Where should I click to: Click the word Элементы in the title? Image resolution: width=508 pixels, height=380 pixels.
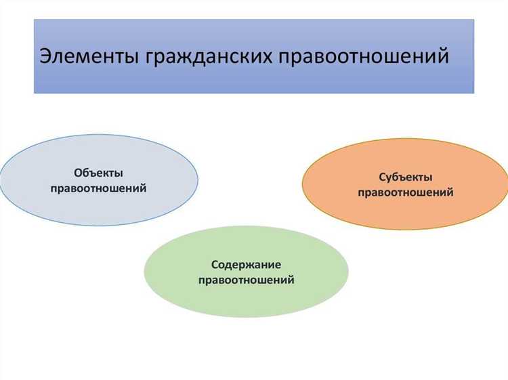(x=88, y=56)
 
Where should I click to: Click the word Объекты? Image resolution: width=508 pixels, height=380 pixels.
(x=98, y=173)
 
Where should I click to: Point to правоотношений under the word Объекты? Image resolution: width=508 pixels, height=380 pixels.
(x=98, y=188)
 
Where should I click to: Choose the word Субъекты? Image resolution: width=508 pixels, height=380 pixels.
(x=405, y=177)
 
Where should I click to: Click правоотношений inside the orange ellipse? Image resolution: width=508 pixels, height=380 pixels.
(x=405, y=192)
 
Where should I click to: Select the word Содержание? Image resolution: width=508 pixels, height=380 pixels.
(x=246, y=264)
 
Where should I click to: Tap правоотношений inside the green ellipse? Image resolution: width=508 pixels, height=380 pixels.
(x=246, y=279)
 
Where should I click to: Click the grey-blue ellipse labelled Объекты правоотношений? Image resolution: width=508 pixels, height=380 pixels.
(x=41, y=180)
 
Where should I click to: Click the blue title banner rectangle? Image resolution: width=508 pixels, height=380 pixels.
(x=254, y=81)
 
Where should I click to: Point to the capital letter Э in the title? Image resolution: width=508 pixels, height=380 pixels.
(x=45, y=56)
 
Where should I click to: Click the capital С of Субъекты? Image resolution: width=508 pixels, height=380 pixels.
(x=382, y=177)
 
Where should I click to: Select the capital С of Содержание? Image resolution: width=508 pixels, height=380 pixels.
(x=214, y=264)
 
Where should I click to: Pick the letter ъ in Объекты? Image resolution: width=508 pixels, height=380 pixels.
(x=91, y=174)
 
